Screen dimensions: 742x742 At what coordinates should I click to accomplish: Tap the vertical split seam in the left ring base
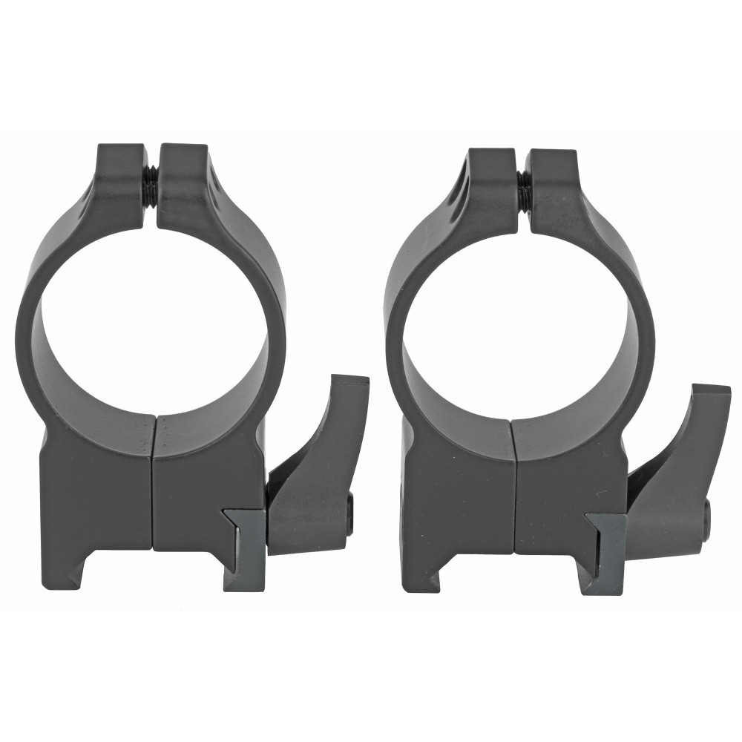153,482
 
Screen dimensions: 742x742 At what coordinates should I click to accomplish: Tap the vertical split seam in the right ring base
513,490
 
